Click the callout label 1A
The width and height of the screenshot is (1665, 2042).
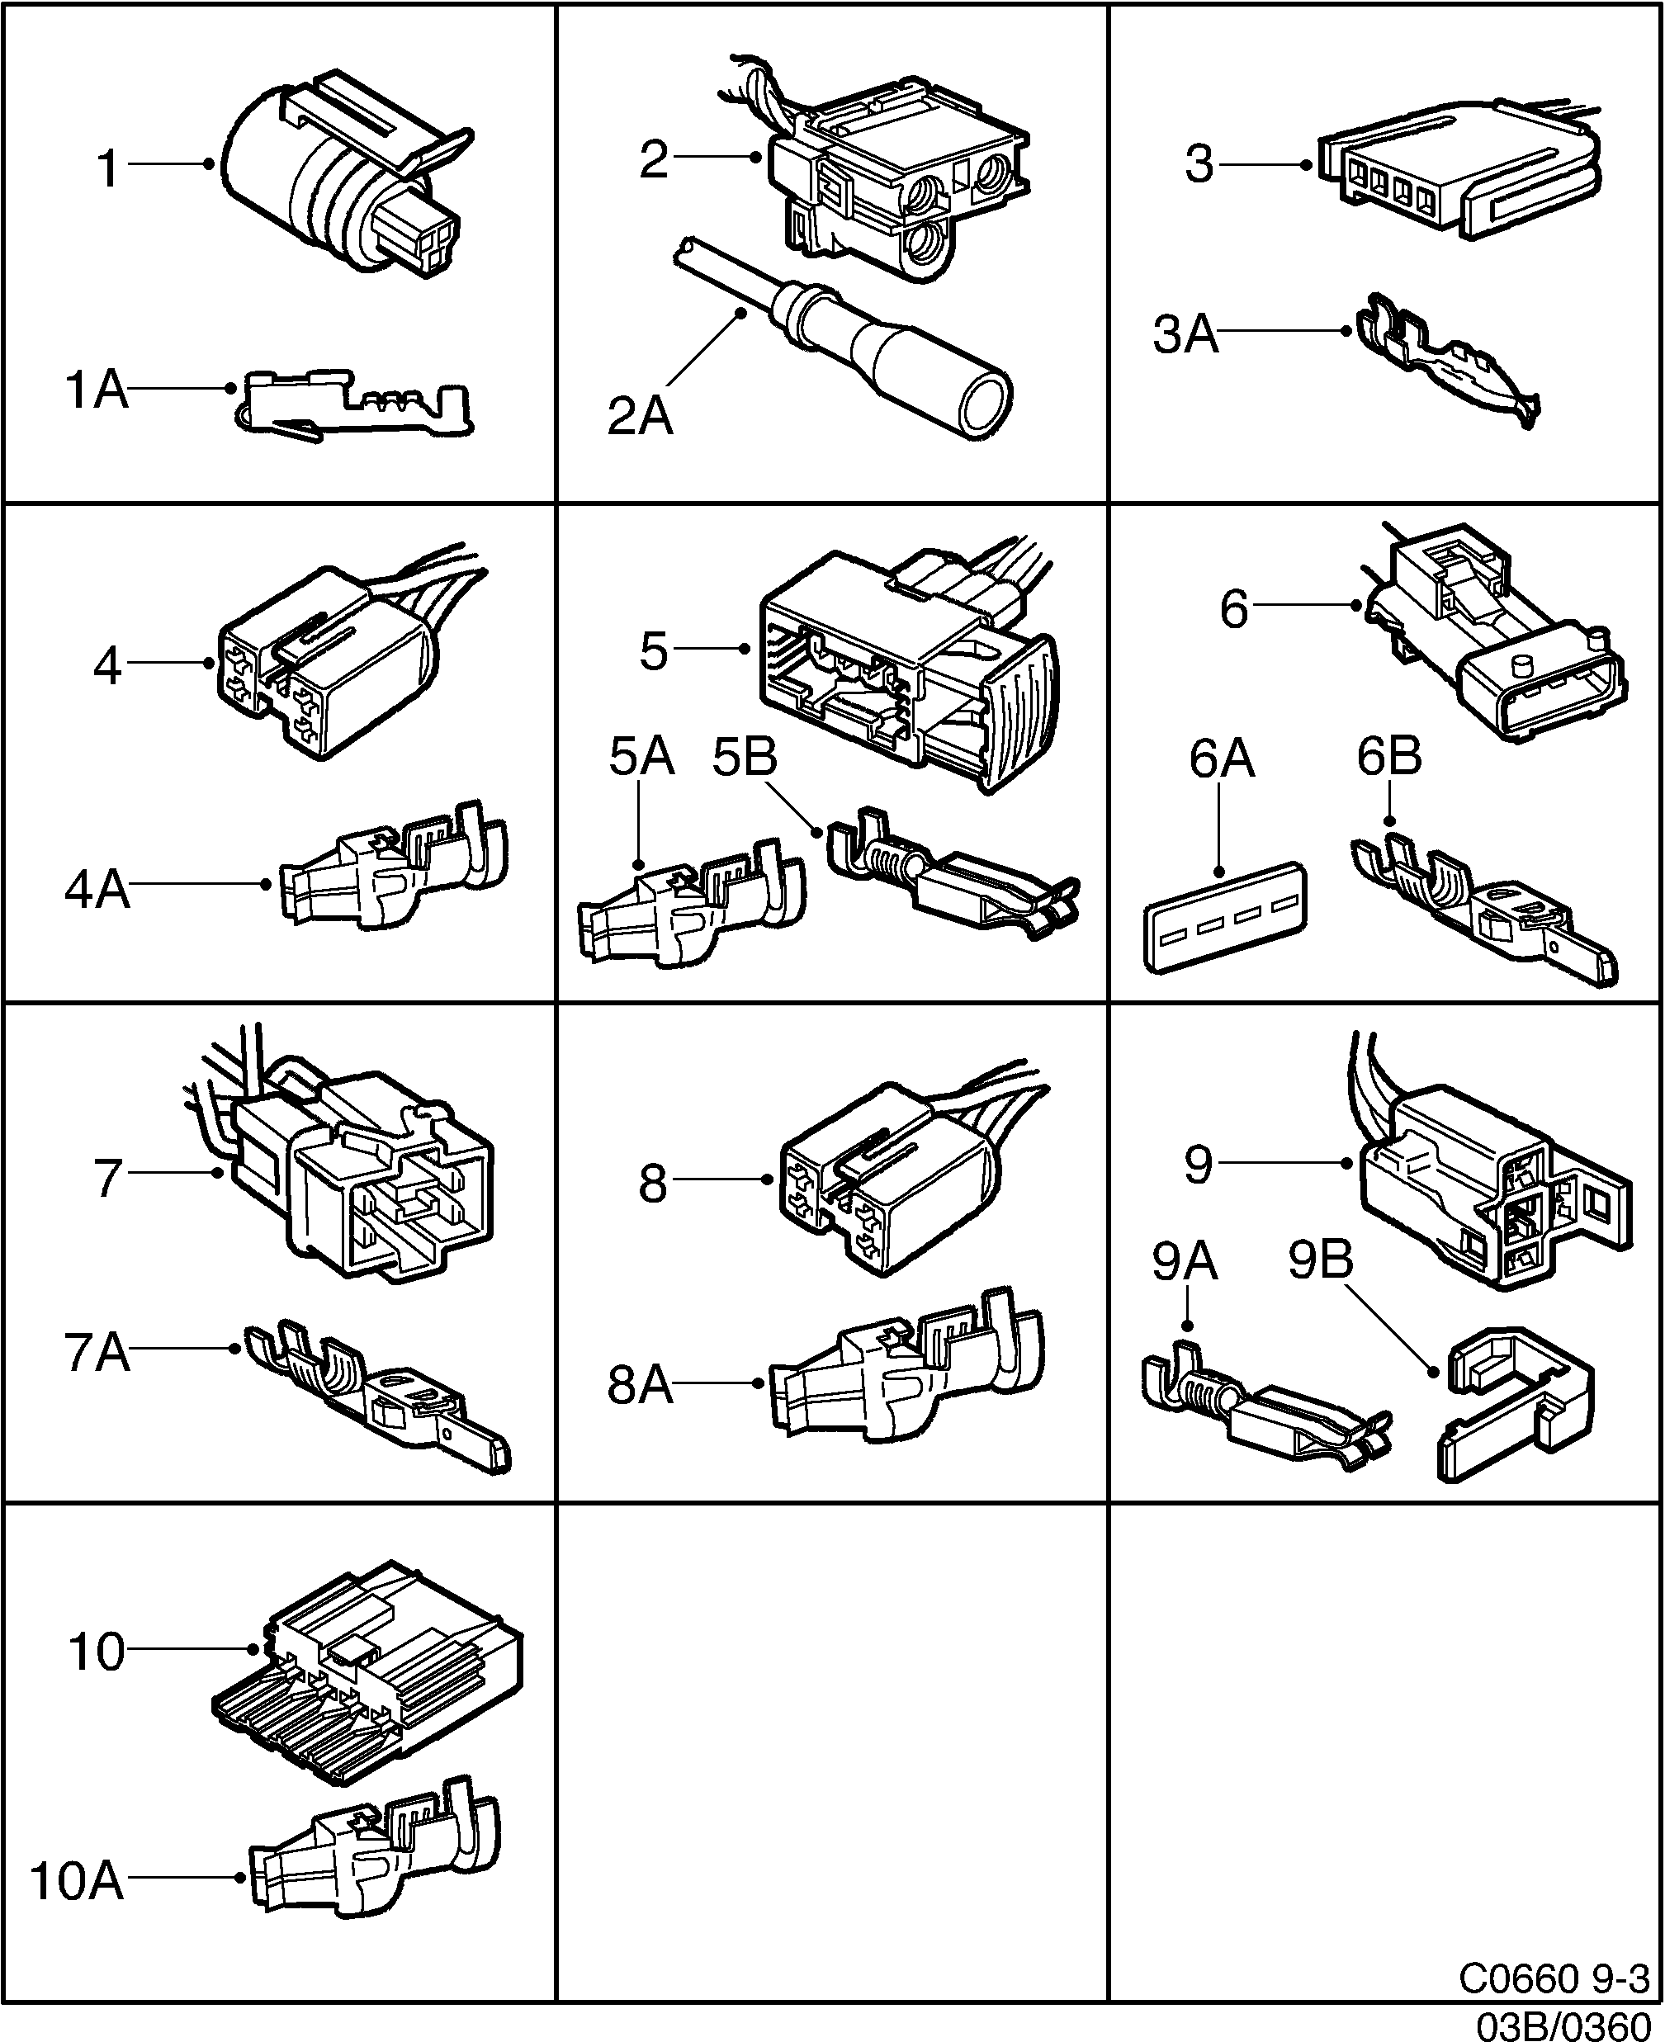(x=96, y=391)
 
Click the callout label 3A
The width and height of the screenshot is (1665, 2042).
(x=1185, y=335)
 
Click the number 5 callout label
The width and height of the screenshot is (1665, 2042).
(x=653, y=652)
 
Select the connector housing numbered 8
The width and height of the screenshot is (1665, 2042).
(x=887, y=1179)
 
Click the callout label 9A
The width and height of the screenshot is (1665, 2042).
(x=1185, y=1262)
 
